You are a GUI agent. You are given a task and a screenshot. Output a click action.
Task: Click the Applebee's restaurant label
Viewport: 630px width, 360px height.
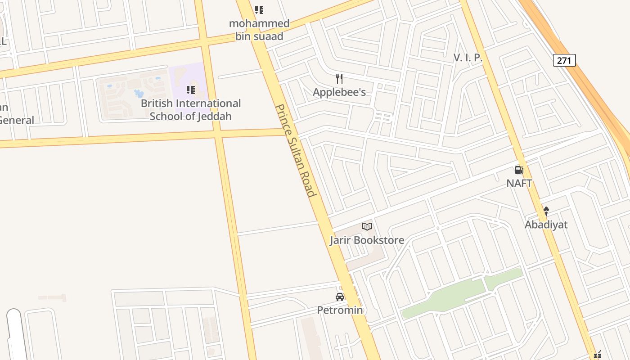(x=339, y=92)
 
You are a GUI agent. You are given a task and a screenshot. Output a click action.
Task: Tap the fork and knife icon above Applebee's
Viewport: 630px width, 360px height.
(x=339, y=79)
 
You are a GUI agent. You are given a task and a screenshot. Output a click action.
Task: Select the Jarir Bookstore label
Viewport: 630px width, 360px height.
(x=367, y=240)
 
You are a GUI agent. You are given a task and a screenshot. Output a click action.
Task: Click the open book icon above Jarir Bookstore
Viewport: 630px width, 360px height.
(x=367, y=226)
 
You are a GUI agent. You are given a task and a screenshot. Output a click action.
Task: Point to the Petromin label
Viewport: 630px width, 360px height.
(x=340, y=310)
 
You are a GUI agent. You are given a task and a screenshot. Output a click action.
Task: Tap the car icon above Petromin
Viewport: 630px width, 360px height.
(x=340, y=297)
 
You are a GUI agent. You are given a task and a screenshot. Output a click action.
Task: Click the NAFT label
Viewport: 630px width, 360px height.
(x=519, y=184)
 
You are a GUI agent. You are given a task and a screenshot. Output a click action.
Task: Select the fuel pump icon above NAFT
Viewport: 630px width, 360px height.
(x=519, y=170)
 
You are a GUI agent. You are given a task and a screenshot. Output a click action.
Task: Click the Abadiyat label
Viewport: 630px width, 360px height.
(x=546, y=225)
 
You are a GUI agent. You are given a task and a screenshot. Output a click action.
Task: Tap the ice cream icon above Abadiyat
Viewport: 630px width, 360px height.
(x=546, y=211)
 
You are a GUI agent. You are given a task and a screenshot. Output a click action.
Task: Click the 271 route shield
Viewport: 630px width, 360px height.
(x=564, y=60)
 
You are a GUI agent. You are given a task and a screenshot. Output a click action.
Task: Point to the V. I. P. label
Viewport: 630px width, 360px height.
(x=468, y=58)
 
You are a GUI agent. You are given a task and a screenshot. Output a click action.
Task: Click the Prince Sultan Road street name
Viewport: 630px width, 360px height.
(x=296, y=151)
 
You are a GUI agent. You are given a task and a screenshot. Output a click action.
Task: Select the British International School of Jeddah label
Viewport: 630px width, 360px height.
(x=191, y=110)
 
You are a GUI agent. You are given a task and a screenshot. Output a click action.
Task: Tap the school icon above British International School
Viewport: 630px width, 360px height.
(x=191, y=90)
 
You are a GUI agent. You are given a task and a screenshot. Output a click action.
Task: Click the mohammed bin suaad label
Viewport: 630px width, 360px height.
(x=259, y=30)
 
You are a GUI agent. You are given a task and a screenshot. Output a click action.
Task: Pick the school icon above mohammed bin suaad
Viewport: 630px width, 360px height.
(x=259, y=9)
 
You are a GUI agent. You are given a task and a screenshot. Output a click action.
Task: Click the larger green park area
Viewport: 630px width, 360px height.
(x=443, y=297)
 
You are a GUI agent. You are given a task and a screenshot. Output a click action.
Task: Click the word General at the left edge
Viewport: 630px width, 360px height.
(x=17, y=120)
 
